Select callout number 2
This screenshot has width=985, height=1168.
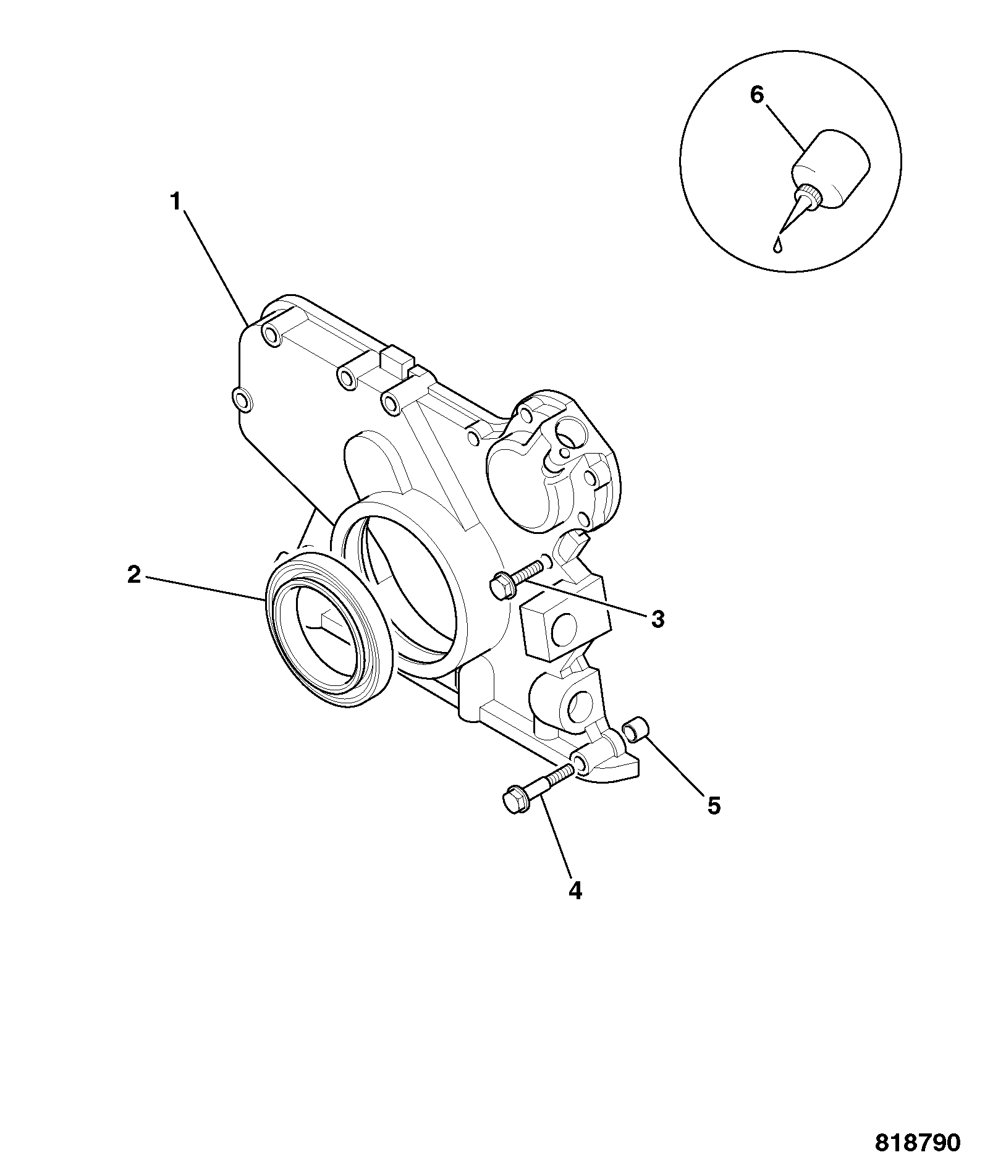134,575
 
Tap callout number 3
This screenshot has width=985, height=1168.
657,619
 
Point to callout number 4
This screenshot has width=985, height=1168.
575,891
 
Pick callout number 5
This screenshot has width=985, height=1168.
714,806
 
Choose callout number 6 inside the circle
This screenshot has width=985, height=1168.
757,95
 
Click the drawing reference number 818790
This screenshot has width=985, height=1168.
918,1142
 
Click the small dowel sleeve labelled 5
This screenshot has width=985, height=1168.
636,729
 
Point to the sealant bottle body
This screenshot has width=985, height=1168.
831,167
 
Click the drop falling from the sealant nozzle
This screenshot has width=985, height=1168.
778,245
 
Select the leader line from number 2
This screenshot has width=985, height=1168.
203,589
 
